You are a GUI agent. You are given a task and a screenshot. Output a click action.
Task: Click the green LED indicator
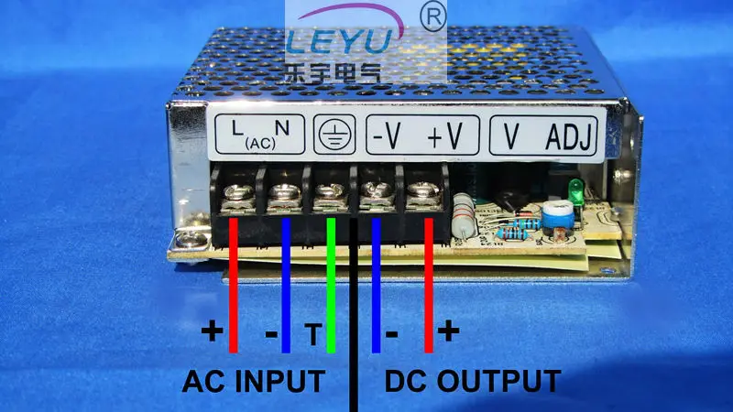[x=576, y=191]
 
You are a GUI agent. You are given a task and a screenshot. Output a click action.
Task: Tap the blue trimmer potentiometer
[x=558, y=214]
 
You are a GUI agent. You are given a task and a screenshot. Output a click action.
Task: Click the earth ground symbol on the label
[x=334, y=134]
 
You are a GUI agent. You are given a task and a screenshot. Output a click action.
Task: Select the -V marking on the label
[x=387, y=136]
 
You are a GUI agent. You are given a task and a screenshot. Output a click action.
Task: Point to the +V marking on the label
[x=445, y=136]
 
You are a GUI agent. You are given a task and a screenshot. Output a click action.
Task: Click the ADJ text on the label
[x=569, y=136]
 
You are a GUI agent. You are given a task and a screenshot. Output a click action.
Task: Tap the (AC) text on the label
[x=260, y=144]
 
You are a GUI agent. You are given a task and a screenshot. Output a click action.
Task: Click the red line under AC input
[x=234, y=286]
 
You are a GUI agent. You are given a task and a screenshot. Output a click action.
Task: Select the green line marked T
[x=331, y=286]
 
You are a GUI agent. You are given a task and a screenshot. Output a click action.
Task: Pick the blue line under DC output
[x=376, y=286]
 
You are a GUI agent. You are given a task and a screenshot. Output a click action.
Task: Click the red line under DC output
[x=429, y=286]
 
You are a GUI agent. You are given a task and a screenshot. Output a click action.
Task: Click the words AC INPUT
[x=254, y=381]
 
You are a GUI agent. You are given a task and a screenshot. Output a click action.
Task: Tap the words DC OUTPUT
[x=473, y=381]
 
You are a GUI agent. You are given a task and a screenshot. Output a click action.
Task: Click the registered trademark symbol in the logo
[x=433, y=17]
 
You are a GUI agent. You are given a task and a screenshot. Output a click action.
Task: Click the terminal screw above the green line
[x=331, y=192]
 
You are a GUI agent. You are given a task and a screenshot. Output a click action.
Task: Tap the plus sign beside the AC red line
[x=213, y=331]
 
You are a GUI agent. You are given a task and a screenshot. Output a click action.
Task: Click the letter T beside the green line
[x=313, y=334]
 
